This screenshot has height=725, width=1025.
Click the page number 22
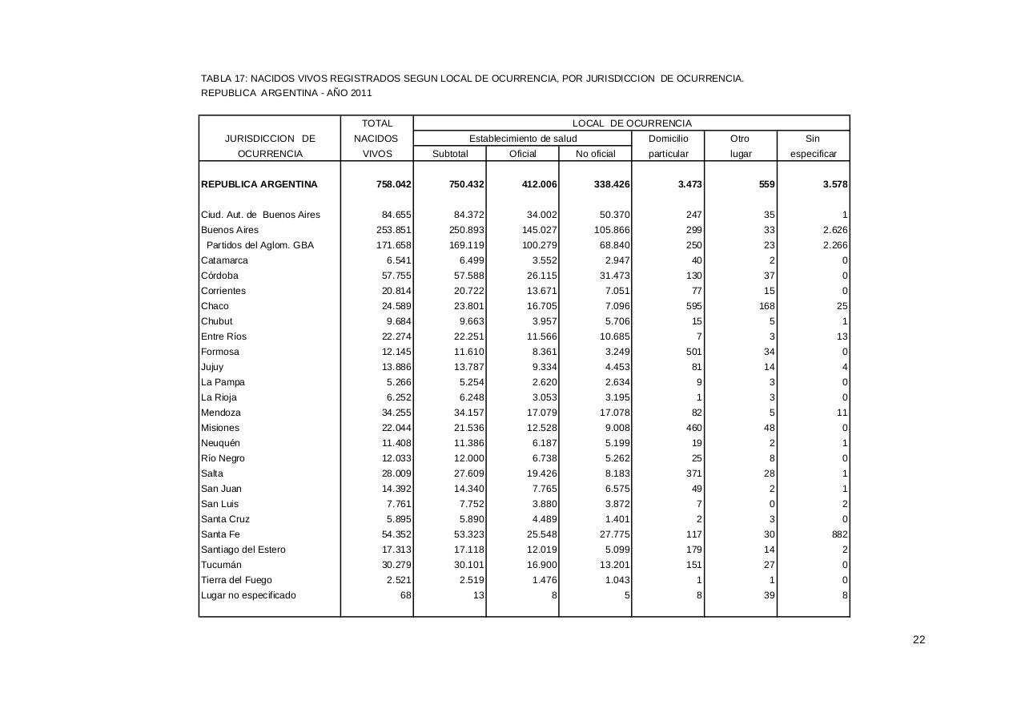[x=918, y=639]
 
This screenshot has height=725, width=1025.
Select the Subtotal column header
[x=449, y=154]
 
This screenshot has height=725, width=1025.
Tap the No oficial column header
[x=595, y=154]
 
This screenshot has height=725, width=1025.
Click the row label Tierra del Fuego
[x=236, y=580]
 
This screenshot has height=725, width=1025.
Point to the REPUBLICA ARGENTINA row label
[x=259, y=184]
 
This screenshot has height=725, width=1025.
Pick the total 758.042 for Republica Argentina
[x=394, y=184]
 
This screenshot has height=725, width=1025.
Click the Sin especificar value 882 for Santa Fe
[x=839, y=534]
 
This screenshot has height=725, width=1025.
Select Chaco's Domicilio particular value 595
[x=693, y=306]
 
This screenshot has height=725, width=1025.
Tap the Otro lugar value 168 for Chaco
[x=766, y=306]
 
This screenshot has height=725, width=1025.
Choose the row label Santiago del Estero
[x=243, y=550]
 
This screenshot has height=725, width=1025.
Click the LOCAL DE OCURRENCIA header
[x=631, y=123]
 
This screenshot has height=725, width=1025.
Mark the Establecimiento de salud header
[x=522, y=139]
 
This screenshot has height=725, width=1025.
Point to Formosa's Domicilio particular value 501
[x=693, y=352]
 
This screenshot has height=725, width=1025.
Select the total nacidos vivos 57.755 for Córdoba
[x=396, y=276]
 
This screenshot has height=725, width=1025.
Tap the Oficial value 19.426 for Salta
[x=541, y=473]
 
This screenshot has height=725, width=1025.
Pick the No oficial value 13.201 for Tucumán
[x=613, y=565]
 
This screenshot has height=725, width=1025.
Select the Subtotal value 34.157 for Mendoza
[x=468, y=413]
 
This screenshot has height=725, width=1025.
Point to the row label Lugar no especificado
[x=248, y=595]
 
